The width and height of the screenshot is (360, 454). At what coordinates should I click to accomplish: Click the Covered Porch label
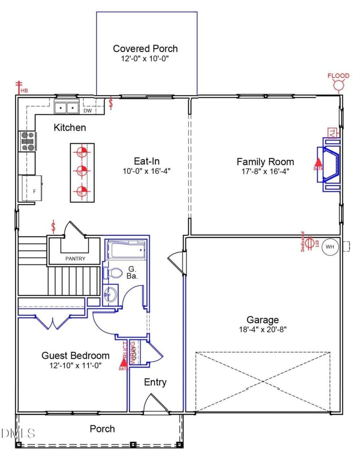click(145, 49)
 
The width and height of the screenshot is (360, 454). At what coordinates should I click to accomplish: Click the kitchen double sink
click(67, 108)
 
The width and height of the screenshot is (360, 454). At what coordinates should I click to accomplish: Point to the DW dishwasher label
click(87, 110)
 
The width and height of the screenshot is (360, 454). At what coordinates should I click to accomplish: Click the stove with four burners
click(27, 141)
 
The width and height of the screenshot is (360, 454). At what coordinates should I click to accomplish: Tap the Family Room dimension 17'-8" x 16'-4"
click(265, 171)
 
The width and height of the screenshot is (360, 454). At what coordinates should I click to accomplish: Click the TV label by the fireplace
click(332, 133)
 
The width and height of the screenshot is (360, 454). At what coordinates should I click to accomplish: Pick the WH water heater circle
click(330, 247)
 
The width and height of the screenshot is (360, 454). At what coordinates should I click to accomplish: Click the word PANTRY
click(75, 259)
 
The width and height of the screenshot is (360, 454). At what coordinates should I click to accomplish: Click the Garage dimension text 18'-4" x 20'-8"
click(262, 329)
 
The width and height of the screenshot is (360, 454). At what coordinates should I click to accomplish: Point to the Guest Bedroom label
click(76, 355)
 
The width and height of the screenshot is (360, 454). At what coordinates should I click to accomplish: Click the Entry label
click(155, 382)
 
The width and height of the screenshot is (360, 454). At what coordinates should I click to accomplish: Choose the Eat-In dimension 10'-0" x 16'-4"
click(147, 171)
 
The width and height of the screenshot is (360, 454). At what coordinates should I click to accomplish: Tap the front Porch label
click(102, 429)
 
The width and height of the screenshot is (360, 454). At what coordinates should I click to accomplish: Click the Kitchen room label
click(70, 127)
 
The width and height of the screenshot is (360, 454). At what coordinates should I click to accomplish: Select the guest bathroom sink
click(110, 295)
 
